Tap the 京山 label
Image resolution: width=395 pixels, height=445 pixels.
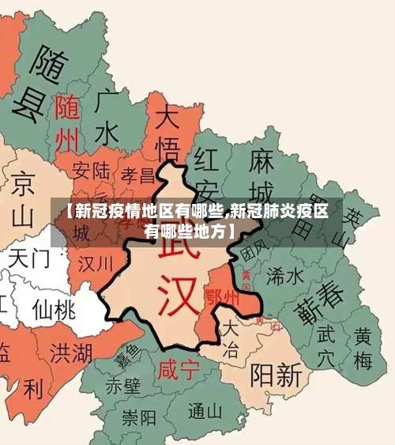pos(23,198)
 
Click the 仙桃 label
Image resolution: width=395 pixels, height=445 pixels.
pos(53,308)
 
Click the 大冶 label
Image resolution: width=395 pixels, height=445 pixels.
pos(230,339)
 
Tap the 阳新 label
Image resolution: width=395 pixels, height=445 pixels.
pos(275,373)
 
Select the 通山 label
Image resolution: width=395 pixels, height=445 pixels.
pos(206,410)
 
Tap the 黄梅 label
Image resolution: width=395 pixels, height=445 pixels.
pos(363,349)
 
